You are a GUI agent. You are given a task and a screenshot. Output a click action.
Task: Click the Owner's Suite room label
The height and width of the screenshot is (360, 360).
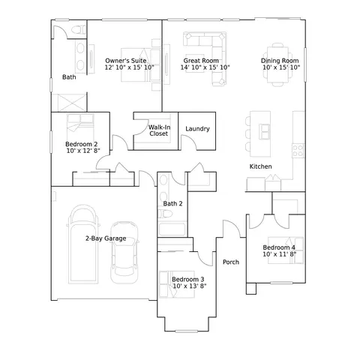click(126, 61)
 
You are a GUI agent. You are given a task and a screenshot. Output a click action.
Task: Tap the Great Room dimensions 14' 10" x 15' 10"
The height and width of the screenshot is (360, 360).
click(205, 67)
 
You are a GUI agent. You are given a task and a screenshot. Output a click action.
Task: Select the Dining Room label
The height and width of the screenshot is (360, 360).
click(280, 61)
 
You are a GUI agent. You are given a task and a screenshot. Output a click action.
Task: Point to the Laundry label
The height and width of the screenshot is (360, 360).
click(197, 129)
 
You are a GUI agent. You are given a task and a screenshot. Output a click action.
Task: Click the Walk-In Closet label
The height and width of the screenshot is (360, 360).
click(159, 130)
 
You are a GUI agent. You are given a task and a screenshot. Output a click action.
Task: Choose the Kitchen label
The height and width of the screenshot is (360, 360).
click(260, 166)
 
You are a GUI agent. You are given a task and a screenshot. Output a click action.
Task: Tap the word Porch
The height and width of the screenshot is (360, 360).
click(231, 262)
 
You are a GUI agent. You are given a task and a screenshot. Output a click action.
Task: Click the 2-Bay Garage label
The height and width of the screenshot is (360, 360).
click(106, 238)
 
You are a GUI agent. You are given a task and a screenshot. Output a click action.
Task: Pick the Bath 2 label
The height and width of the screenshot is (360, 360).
click(172, 203)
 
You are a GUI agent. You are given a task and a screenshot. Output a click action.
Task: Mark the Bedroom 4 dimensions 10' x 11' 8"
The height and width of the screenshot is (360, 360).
click(279, 254)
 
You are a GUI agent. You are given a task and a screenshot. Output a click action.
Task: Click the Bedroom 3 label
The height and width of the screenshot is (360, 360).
click(187, 279)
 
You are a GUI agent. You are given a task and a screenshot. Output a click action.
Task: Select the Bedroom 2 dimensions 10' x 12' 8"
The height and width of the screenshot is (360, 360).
click(83, 151)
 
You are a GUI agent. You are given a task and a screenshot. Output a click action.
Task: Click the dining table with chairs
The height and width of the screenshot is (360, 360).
click(277, 64)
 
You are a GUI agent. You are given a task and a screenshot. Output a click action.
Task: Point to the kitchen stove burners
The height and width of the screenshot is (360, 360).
click(298, 151)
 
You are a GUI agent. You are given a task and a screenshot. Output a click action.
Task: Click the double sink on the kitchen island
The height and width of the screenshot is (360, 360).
click(265, 131)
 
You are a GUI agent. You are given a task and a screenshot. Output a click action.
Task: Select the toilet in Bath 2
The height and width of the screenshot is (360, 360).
click(165, 214)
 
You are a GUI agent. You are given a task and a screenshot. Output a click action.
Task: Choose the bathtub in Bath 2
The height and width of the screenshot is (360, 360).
click(172, 229)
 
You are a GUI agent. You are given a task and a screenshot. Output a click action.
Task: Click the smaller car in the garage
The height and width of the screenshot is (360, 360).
click(124, 253)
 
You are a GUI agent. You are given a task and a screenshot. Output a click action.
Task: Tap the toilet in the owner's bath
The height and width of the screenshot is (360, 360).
click(78, 30)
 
